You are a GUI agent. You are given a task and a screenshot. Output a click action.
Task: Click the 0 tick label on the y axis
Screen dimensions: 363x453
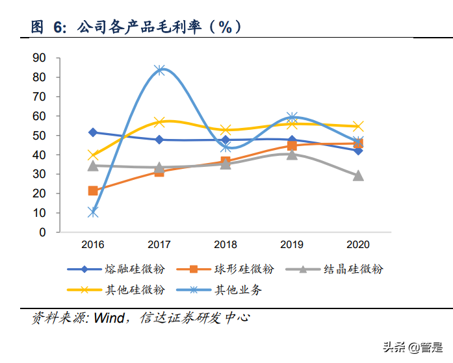point(42,232)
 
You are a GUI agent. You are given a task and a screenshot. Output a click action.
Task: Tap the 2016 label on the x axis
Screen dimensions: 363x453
point(92,245)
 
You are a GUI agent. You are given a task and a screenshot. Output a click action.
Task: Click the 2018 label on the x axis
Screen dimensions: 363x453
point(225,245)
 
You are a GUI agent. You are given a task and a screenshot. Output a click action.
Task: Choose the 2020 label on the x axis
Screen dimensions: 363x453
point(357,245)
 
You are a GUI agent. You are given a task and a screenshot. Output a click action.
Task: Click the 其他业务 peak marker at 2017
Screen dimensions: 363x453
point(159,69)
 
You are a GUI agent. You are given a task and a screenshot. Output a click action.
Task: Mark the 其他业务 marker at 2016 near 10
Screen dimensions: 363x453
point(93,212)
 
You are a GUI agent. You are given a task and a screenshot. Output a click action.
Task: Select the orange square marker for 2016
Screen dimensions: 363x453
point(93,190)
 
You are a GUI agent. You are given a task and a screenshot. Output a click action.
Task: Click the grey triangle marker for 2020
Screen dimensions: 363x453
point(358,175)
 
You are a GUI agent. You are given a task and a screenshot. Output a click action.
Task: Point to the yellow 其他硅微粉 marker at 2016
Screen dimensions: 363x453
point(93,155)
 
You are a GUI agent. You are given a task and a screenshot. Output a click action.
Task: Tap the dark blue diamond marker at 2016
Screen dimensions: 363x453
point(93,132)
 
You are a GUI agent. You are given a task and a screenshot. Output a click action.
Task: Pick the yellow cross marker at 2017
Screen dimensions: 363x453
point(159,122)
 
